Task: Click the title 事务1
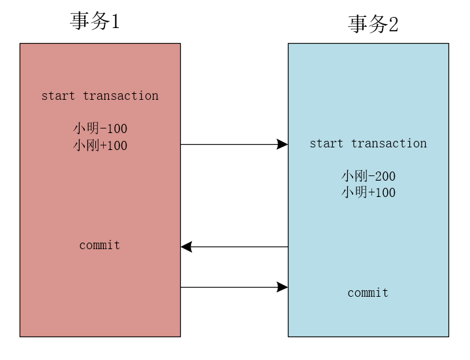[95, 22]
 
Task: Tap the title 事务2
[373, 24]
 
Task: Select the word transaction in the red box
[121, 96]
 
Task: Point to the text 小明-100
[100, 128]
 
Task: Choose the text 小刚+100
[100, 145]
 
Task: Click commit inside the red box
[100, 245]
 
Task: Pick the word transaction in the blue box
[389, 143]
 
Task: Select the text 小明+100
[368, 192]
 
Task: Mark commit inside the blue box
[368, 293]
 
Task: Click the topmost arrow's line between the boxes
[228, 144]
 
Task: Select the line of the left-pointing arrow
[238, 247]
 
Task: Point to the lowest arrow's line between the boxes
[228, 287]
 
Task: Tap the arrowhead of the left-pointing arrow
[186, 247]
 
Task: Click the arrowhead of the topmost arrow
[283, 144]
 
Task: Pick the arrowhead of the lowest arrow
[283, 287]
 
